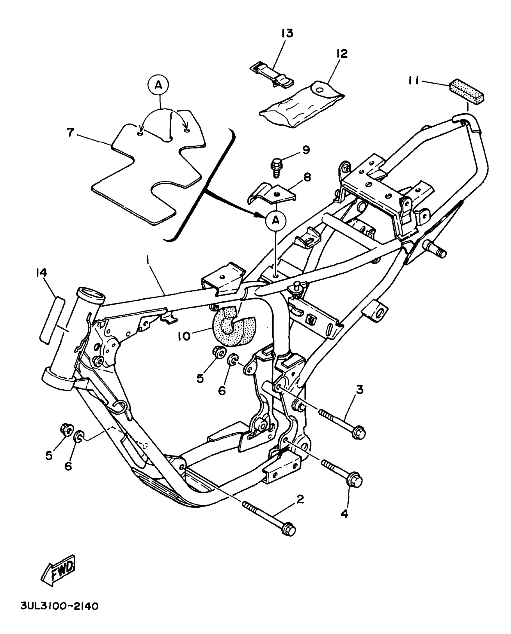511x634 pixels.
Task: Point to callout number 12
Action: (342, 53)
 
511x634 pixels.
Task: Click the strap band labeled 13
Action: (272, 75)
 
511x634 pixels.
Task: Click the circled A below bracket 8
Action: (275, 221)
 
